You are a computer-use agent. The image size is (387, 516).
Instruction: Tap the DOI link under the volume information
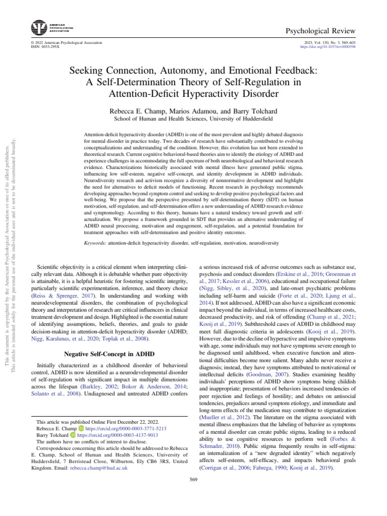[328, 47]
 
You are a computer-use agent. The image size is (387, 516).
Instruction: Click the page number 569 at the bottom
[193, 479]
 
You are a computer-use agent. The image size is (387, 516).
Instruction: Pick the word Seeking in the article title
[85, 71]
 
